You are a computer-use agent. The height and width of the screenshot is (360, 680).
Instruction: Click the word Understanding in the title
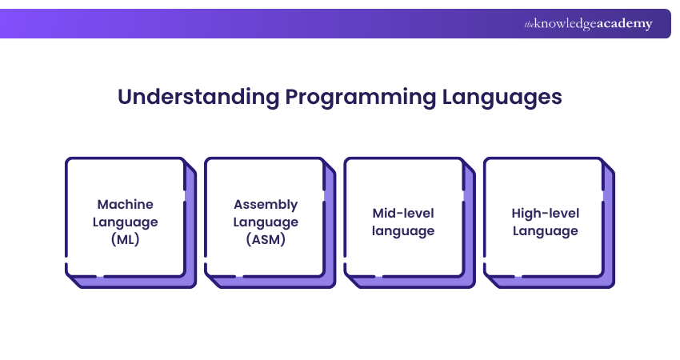pos(198,97)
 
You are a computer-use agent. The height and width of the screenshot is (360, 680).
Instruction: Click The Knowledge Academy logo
pos(588,23)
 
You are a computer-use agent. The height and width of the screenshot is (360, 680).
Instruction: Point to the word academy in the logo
pos(625,24)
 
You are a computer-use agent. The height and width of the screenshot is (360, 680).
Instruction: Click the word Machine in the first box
pos(126,204)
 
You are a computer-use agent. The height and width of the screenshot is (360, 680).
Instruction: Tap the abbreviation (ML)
pos(126,239)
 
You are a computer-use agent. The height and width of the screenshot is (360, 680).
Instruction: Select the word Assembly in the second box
pos(266,205)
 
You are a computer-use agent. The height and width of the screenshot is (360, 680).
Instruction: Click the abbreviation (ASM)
pos(266,239)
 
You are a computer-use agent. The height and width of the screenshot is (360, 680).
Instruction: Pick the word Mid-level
pos(403,213)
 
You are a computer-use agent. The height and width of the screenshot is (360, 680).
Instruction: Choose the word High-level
pos(545,213)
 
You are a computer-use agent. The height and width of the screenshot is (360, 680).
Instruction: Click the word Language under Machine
pos(126,222)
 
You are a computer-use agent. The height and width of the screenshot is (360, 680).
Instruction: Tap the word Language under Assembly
pos(266,222)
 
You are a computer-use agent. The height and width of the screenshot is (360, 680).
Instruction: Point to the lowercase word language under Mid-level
pos(403,231)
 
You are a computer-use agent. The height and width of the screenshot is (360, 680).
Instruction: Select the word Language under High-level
pos(545,231)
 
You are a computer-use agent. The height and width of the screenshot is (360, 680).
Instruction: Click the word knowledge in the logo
pos(566,24)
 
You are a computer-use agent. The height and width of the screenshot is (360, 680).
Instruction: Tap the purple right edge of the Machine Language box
pos(191,226)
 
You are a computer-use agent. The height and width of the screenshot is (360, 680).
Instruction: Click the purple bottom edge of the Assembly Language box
pos(274,282)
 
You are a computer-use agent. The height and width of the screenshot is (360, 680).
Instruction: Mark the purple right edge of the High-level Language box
pos(609,226)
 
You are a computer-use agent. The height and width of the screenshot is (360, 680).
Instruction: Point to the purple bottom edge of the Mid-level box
pos(413,282)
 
